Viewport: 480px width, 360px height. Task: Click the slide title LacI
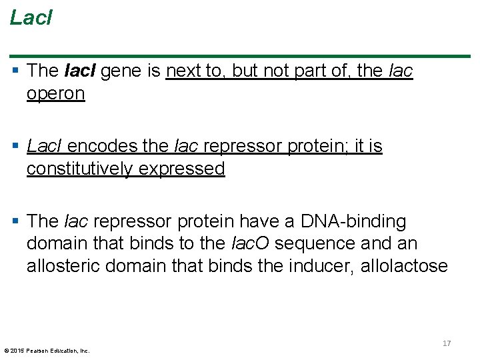coord(31,18)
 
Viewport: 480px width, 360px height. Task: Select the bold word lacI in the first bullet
coord(81,71)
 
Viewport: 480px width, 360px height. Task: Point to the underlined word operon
coord(56,93)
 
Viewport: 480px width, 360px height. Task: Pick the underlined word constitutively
coord(79,169)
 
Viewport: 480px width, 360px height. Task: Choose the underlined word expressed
coord(181,169)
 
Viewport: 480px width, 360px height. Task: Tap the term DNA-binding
coord(353,221)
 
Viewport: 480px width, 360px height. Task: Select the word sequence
coord(307,243)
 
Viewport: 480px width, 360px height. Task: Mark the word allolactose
coord(405,266)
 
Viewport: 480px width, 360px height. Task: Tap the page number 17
coord(447,343)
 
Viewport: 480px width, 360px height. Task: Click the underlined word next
coord(184,71)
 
